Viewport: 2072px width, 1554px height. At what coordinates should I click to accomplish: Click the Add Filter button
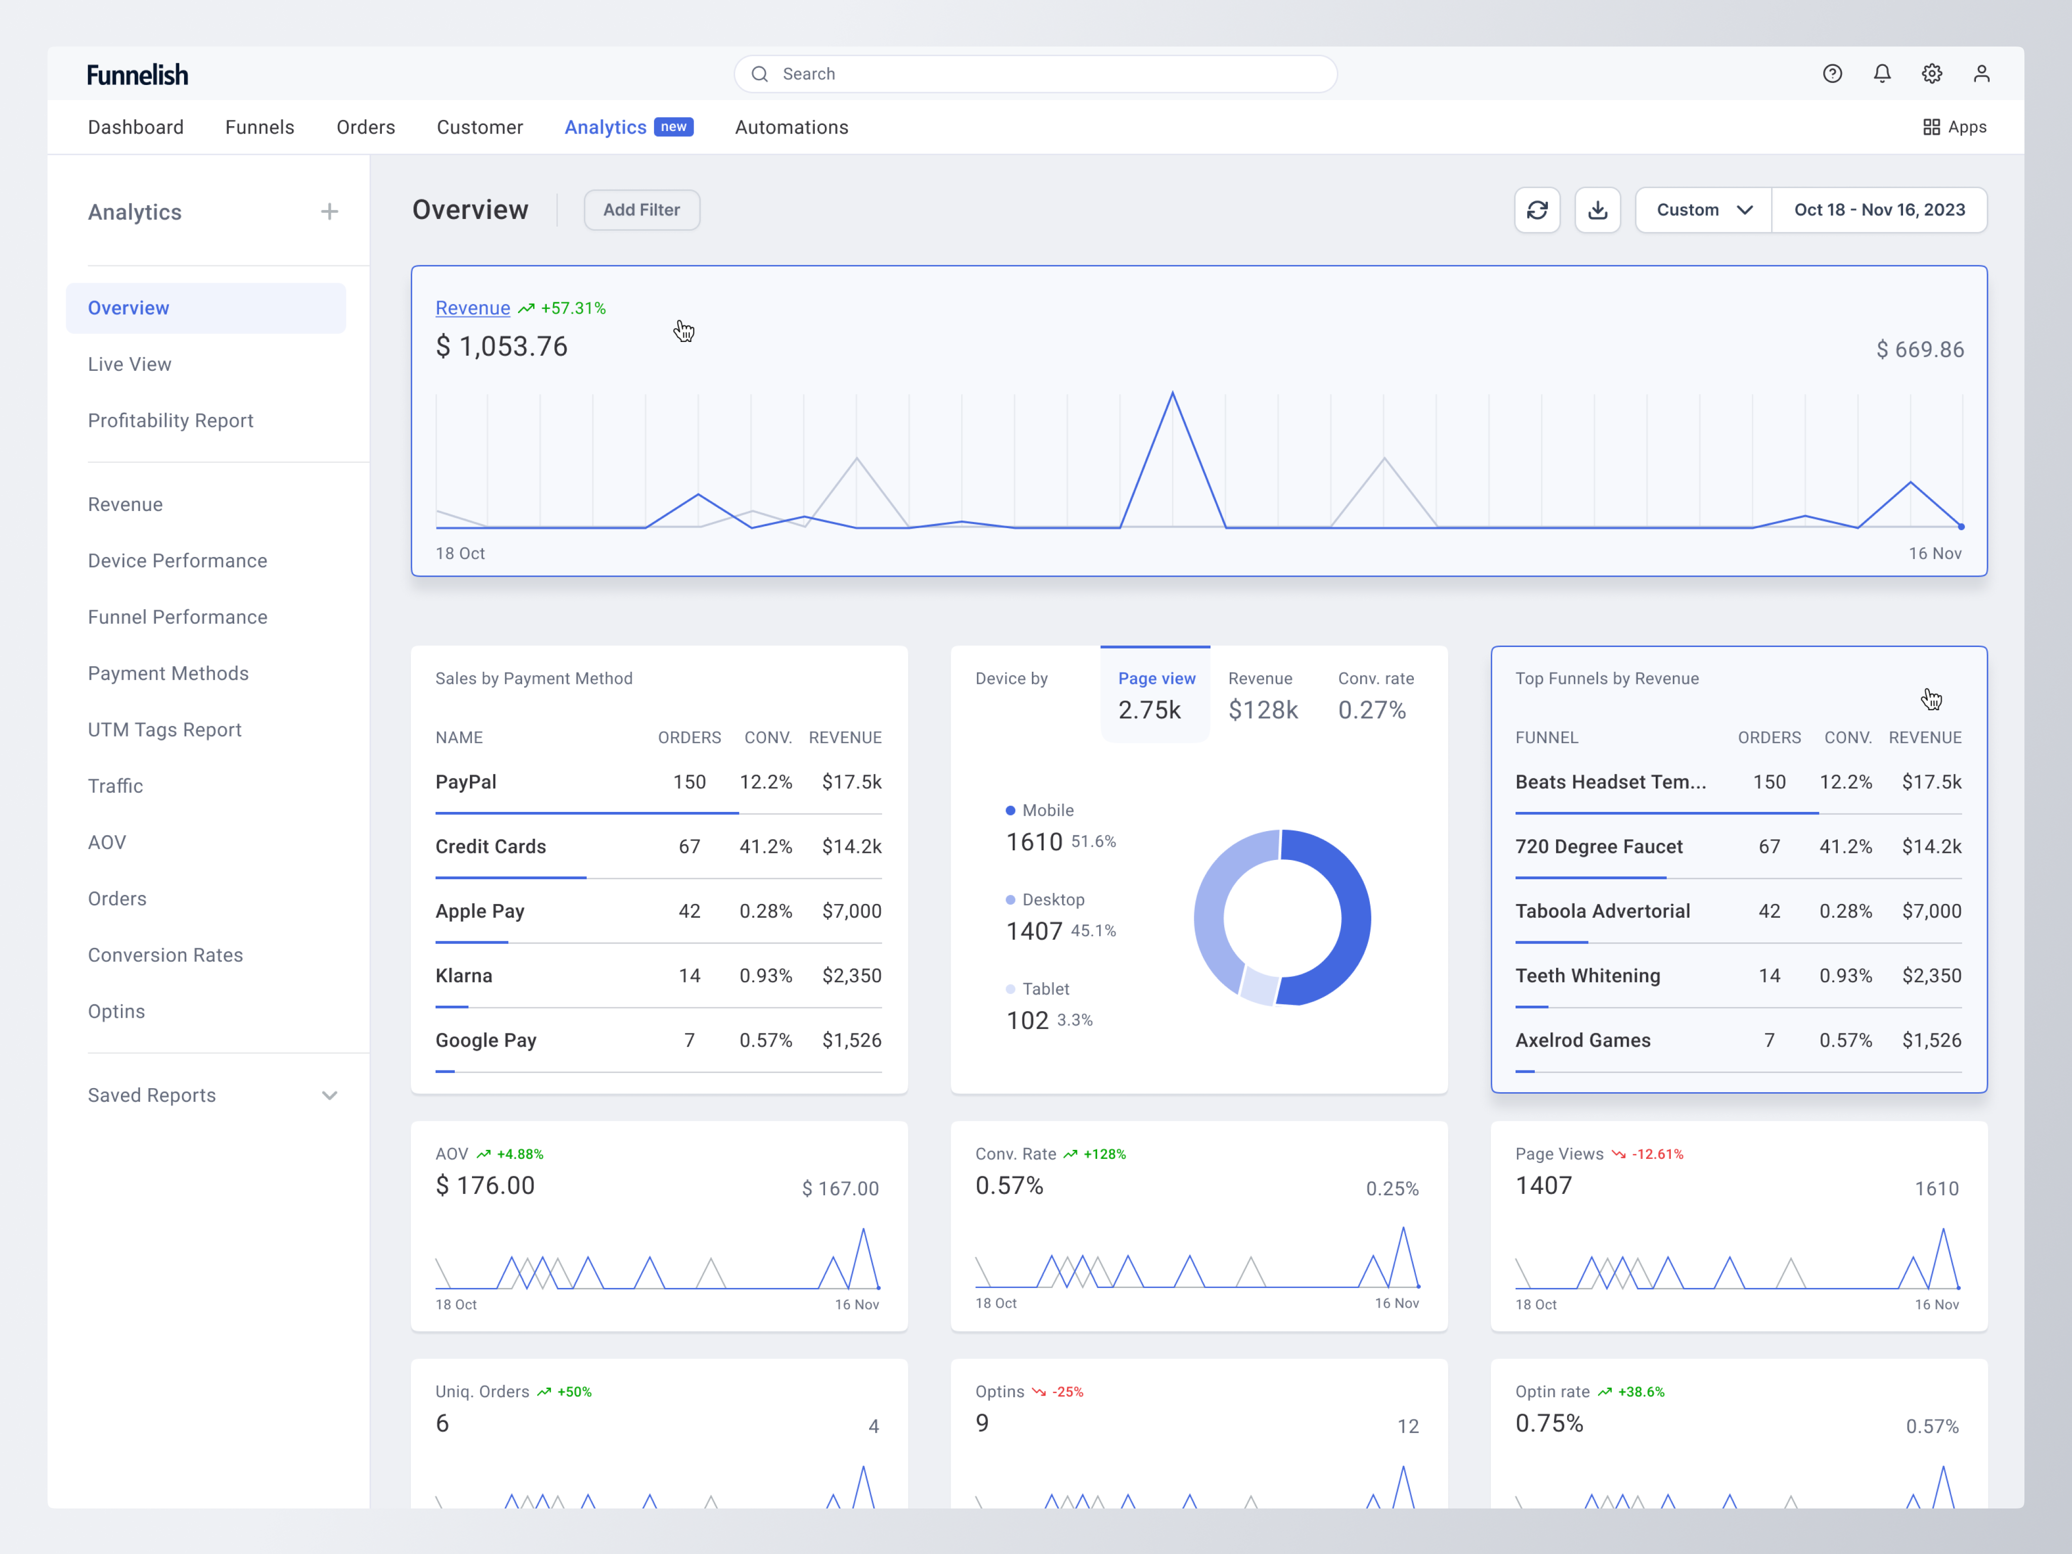pyautogui.click(x=641, y=210)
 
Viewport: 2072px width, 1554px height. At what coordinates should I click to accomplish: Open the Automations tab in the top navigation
pyautogui.click(x=792, y=127)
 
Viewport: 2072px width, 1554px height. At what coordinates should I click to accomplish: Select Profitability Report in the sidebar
pyautogui.click(x=170, y=420)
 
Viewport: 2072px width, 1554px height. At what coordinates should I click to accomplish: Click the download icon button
pyautogui.click(x=1597, y=210)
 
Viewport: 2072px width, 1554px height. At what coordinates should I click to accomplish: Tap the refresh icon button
pyautogui.click(x=1537, y=210)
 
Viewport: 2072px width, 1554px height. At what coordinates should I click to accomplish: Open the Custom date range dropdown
pyautogui.click(x=1703, y=210)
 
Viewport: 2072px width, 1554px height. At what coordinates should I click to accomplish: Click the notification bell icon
pyautogui.click(x=1882, y=74)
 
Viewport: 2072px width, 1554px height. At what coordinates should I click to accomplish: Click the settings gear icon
pyautogui.click(x=1931, y=74)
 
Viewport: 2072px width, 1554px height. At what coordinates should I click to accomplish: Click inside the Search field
pyautogui.click(x=1035, y=74)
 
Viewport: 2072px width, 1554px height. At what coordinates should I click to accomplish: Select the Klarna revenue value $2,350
pyautogui.click(x=851, y=976)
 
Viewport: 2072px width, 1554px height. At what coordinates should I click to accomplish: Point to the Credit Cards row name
pyautogui.click(x=491, y=847)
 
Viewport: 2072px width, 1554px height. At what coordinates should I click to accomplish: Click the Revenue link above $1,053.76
pyautogui.click(x=473, y=308)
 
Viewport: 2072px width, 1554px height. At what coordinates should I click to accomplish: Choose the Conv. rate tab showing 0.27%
pyautogui.click(x=1374, y=696)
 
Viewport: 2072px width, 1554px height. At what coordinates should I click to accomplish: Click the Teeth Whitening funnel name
pyautogui.click(x=1588, y=976)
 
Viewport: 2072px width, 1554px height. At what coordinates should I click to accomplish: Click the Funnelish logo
pyautogui.click(x=138, y=75)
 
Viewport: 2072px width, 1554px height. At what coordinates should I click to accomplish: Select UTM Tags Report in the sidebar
pyautogui.click(x=165, y=729)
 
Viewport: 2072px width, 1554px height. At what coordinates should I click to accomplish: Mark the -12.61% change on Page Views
pyautogui.click(x=1657, y=1154)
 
